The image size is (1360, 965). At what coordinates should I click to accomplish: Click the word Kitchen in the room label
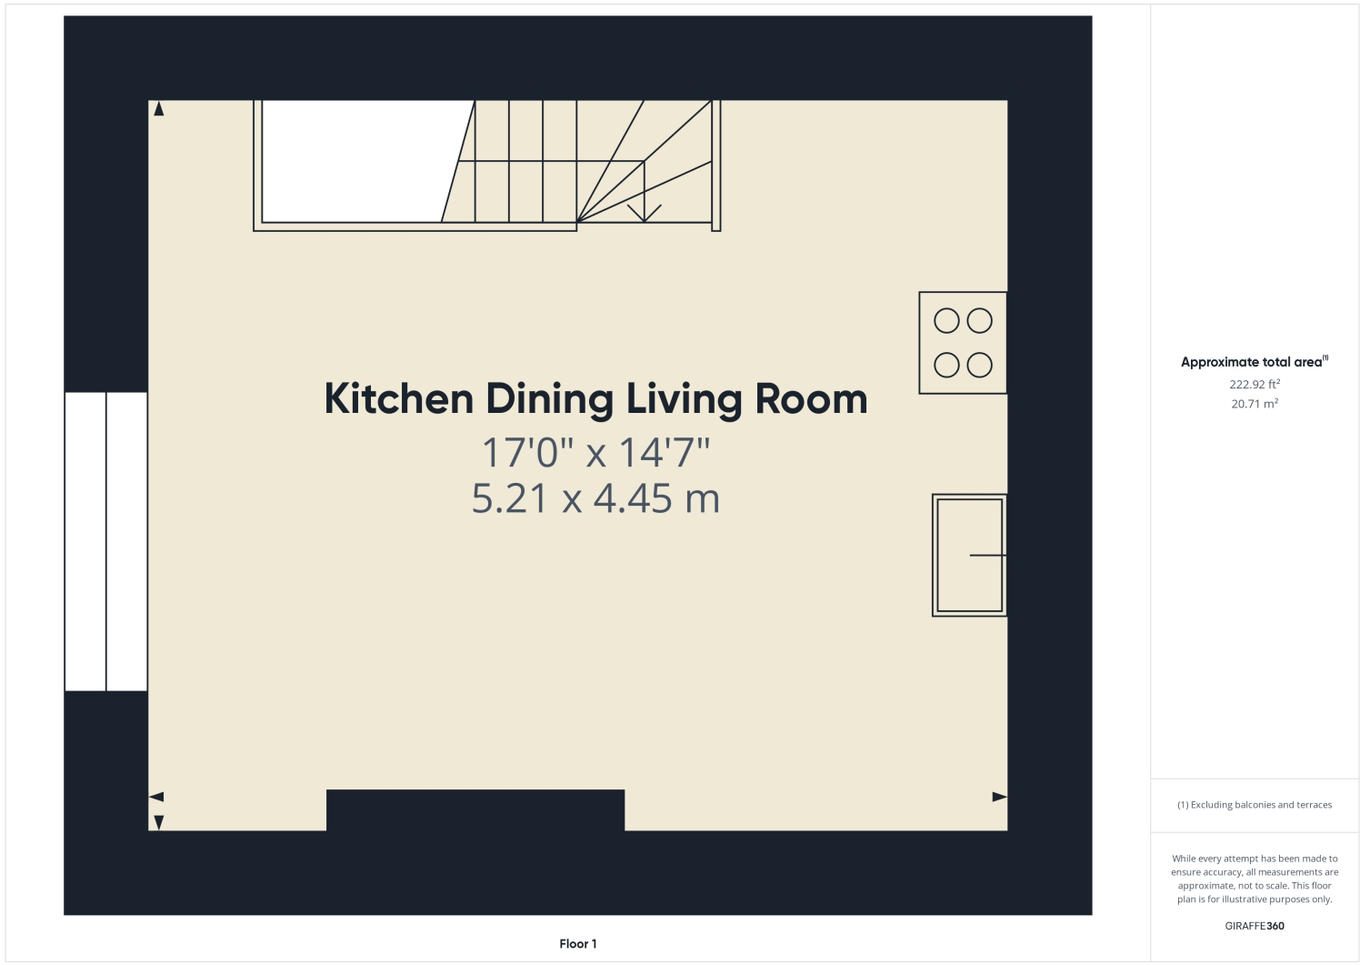[398, 399]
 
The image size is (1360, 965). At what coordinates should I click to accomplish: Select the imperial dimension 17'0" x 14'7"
[595, 452]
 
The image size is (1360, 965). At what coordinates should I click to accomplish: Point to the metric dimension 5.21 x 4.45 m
[595, 498]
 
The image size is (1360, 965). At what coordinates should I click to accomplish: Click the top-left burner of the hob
[946, 321]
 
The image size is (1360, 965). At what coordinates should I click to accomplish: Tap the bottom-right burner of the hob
[979, 366]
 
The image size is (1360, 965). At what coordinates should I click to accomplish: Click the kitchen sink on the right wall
[969, 555]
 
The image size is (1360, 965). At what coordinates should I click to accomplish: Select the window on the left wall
[106, 541]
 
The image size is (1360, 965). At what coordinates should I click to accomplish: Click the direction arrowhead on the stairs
[645, 214]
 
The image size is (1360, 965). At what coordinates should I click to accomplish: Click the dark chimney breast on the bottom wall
[475, 809]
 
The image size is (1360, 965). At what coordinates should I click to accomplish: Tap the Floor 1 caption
[578, 944]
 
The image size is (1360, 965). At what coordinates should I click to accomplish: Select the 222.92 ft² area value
[1255, 385]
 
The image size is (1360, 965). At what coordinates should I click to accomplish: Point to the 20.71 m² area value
[1255, 404]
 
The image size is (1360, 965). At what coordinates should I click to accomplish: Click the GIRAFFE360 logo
[1255, 926]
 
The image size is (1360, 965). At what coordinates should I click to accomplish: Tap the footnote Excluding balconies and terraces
[1255, 805]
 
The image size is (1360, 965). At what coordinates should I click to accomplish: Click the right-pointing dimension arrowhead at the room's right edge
[999, 797]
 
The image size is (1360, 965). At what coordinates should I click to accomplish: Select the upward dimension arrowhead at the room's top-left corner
[159, 109]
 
